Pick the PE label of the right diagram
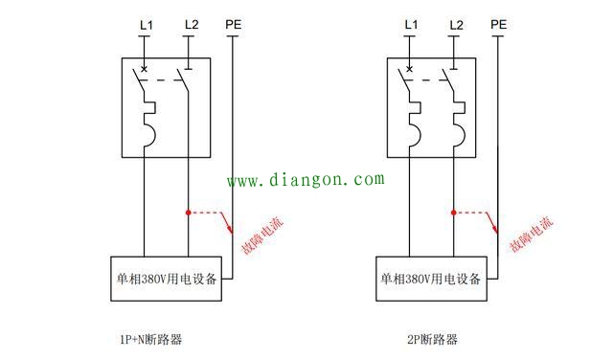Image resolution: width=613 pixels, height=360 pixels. (x=498, y=24)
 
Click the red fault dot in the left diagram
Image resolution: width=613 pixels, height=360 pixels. (x=188, y=213)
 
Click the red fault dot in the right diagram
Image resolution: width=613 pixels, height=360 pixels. (x=453, y=213)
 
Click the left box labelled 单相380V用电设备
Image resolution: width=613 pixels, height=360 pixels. (x=164, y=280)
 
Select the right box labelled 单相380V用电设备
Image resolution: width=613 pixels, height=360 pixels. (x=430, y=280)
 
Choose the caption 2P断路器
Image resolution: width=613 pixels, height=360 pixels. (x=432, y=338)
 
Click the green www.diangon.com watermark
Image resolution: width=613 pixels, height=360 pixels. (x=305, y=179)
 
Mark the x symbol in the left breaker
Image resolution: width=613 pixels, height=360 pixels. (x=145, y=69)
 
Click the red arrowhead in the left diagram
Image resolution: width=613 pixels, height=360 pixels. (x=231, y=230)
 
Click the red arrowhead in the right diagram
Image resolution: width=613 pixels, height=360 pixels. (x=496, y=230)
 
